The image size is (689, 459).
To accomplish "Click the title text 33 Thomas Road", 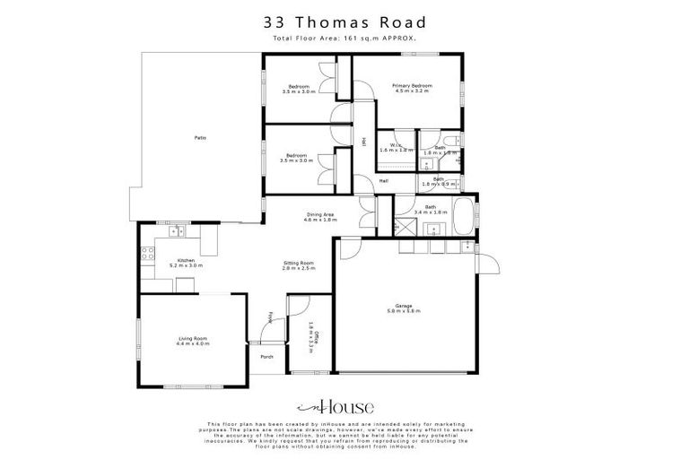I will pos(344,22).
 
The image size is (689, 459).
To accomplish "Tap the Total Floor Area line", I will pos(344,40).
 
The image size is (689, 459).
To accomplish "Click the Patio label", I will pos(200,137).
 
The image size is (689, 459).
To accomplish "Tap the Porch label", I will pos(266,357).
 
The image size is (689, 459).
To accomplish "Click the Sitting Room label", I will pos(298,266).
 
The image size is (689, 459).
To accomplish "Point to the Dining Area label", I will pos(320,216).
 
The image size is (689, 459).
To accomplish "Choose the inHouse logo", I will pos(344,408).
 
